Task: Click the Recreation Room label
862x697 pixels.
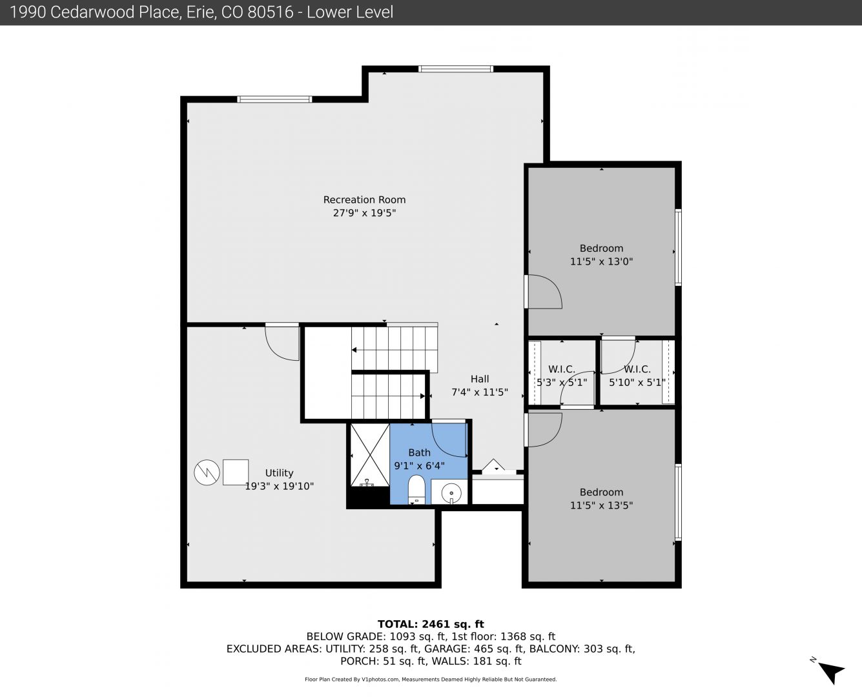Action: click(x=364, y=200)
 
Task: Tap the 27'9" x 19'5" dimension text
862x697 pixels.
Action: click(x=364, y=213)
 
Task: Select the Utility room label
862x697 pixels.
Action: click(x=279, y=473)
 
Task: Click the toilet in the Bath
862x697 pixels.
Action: click(x=416, y=489)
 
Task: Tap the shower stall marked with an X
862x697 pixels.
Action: click(x=370, y=455)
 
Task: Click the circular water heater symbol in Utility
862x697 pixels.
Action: click(x=207, y=472)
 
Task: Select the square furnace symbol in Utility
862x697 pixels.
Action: click(x=236, y=472)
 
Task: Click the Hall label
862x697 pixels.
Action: click(x=480, y=379)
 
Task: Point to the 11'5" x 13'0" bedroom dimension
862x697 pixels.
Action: click(x=601, y=261)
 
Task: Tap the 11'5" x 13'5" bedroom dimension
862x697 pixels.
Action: click(x=601, y=505)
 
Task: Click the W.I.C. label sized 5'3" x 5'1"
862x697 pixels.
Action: click(x=562, y=369)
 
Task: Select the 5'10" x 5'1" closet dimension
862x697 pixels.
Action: click(x=637, y=382)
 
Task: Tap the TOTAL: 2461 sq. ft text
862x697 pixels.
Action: click(x=431, y=624)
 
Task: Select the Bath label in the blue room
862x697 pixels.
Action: click(x=419, y=452)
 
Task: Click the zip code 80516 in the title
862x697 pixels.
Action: click(x=271, y=12)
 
